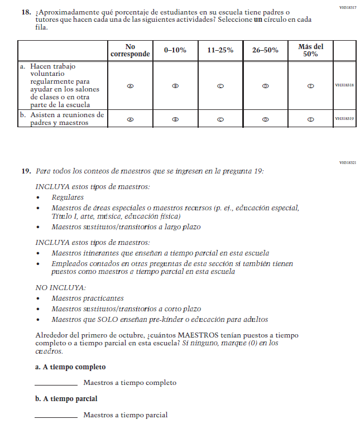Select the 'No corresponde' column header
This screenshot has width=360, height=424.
[130, 50]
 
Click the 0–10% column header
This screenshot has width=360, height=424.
[175, 50]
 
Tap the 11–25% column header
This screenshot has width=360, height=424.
[220, 50]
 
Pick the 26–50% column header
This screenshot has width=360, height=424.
[265, 50]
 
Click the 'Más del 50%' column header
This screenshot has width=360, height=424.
[310, 50]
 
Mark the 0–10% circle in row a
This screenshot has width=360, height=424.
[175, 85]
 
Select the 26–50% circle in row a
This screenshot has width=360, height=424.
[265, 85]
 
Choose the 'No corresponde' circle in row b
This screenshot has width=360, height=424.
[130, 119]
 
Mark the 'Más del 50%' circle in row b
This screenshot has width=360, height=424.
[310, 119]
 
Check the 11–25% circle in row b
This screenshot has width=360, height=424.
[220, 119]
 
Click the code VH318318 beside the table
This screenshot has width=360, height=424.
[344, 85]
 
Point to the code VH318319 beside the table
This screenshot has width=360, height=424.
[344, 119]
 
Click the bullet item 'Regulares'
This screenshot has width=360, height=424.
[68, 197]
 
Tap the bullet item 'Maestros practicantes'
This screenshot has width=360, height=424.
[87, 298]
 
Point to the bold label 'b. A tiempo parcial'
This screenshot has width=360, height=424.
[66, 399]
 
